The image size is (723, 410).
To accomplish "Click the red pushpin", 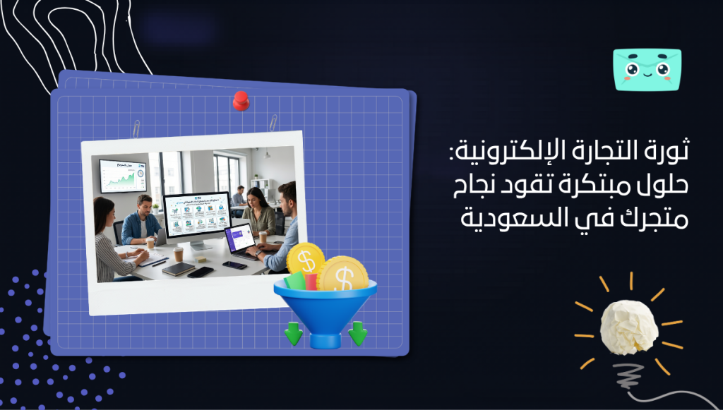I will tap(241, 100).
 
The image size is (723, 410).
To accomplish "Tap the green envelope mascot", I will tap(647, 70).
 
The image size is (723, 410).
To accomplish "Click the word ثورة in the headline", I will tap(668, 152).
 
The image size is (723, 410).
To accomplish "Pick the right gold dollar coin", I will tap(342, 275).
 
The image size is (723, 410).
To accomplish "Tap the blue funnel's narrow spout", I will tap(325, 337).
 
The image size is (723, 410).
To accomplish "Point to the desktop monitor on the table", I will tap(197, 215).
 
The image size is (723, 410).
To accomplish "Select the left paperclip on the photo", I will tap(136, 128).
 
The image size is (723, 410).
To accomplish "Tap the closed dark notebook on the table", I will tap(177, 268).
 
